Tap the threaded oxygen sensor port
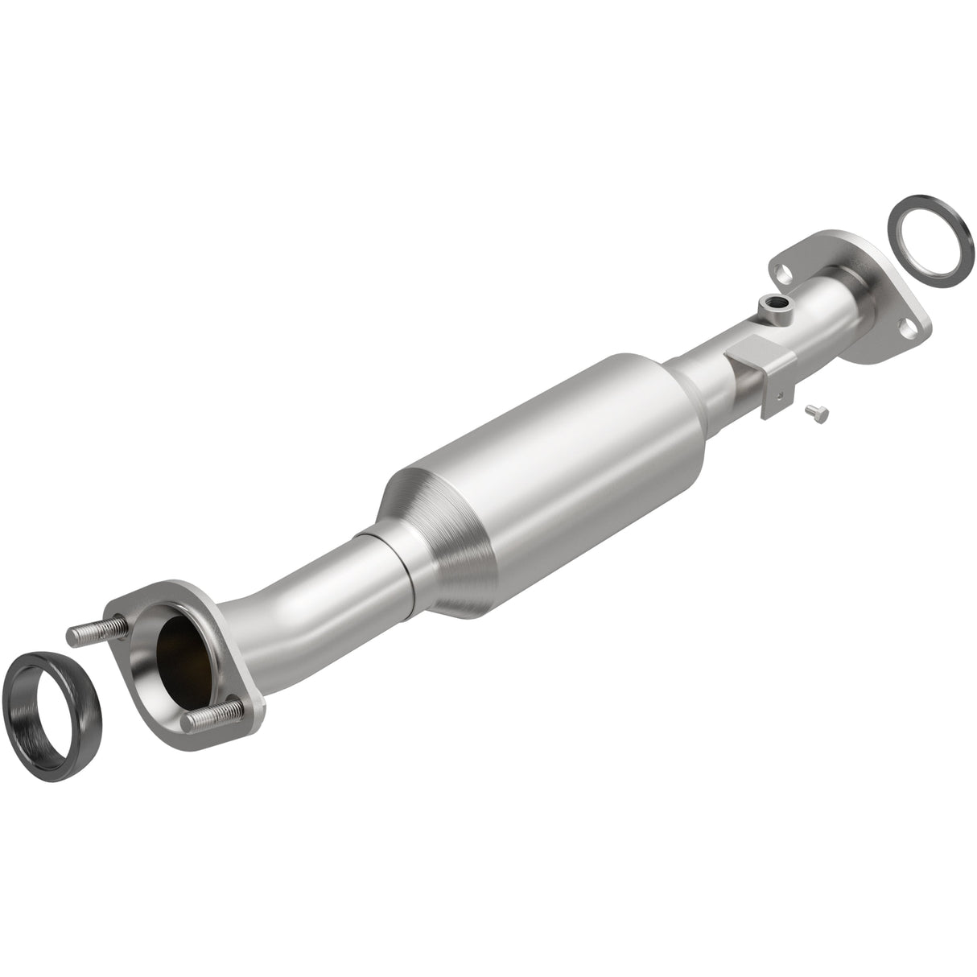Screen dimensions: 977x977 774,304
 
